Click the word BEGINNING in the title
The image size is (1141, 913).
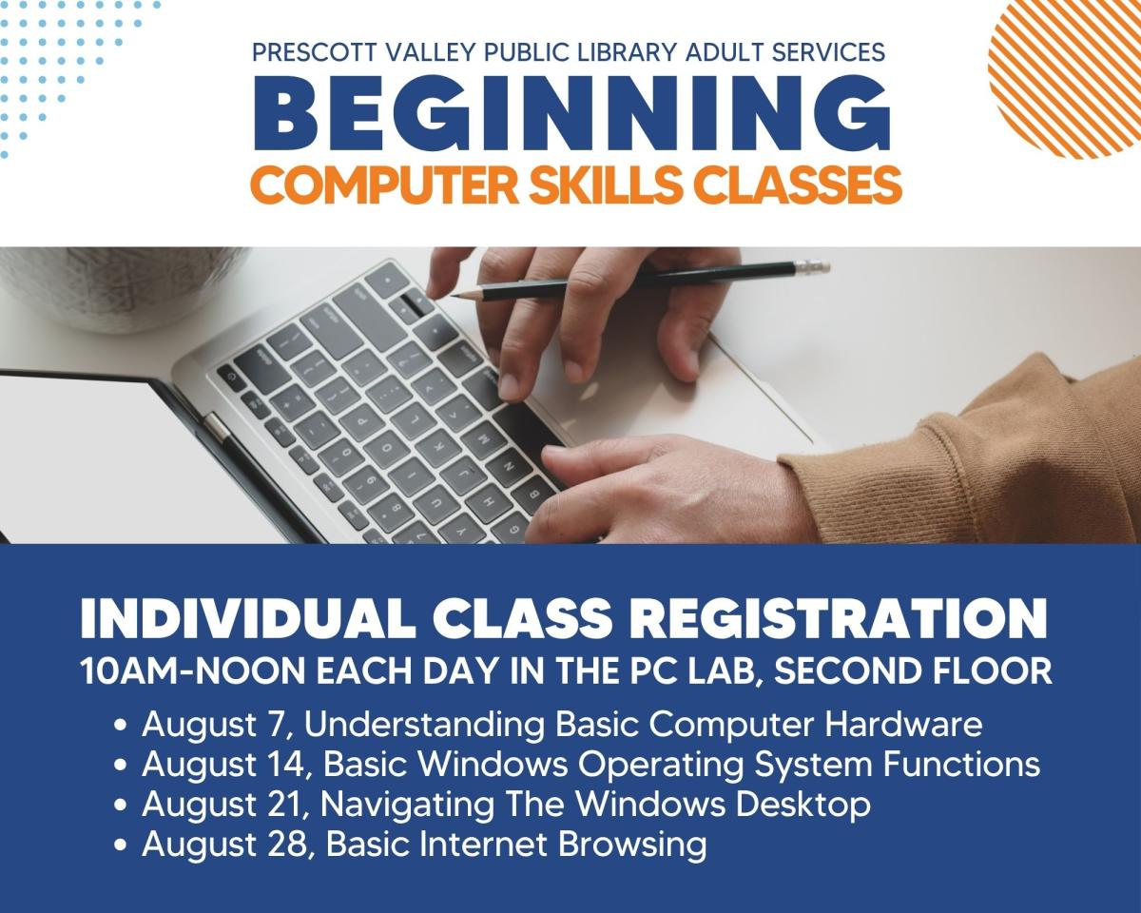coord(570,115)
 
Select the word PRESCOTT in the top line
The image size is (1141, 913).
coord(315,52)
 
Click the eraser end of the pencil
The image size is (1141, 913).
coord(818,267)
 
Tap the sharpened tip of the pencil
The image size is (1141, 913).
coord(454,298)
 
